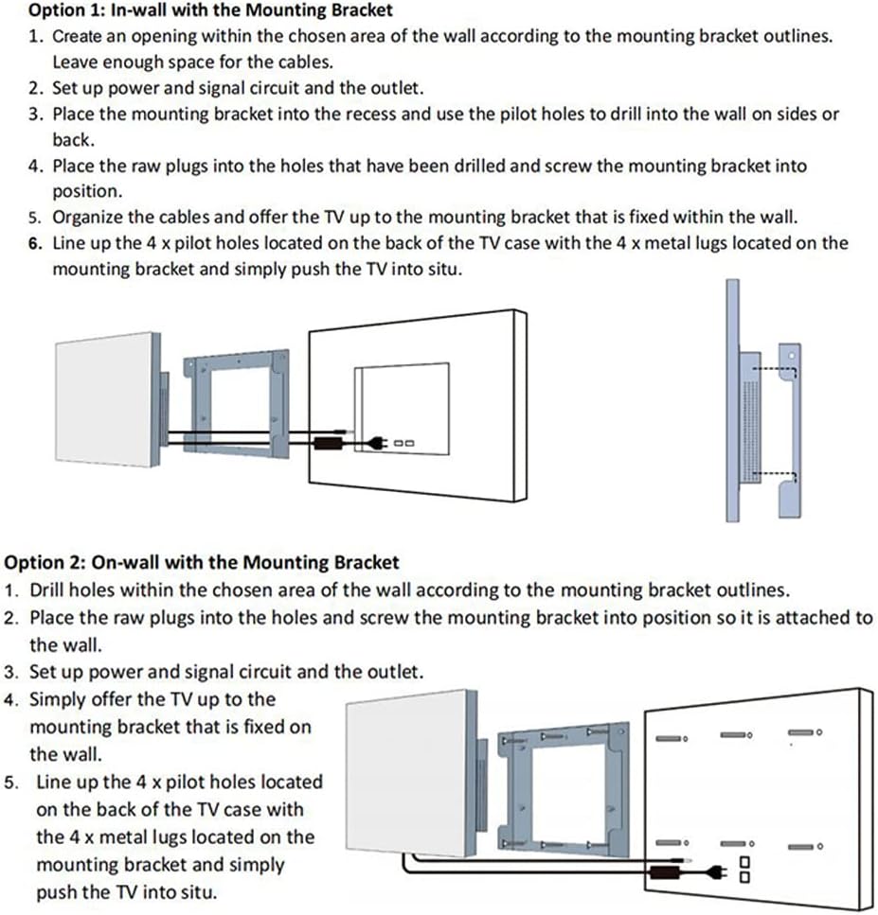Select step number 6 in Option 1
tap(34, 243)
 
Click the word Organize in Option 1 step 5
tap(88, 217)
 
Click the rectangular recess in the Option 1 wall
tap(402, 407)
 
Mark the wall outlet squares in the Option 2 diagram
tap(744, 869)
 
